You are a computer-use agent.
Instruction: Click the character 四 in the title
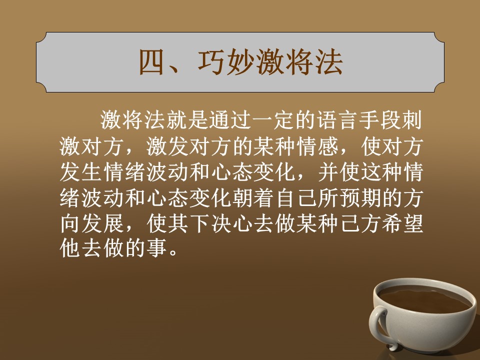coord(151,62)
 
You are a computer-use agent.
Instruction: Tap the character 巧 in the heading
coord(211,62)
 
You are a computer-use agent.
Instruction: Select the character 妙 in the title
coord(240,62)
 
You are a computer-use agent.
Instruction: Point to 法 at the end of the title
coord(329,62)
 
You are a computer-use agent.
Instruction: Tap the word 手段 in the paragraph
coord(380,120)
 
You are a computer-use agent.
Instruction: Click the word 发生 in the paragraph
coord(81,172)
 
